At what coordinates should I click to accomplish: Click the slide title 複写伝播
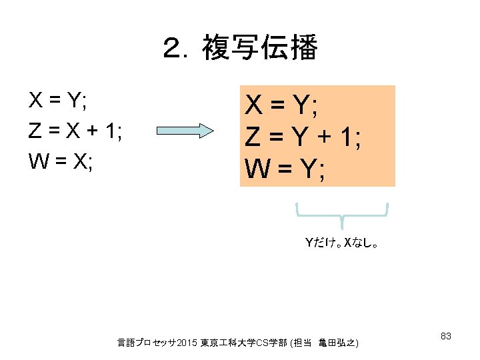[x=259, y=49]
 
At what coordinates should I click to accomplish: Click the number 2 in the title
[x=173, y=49]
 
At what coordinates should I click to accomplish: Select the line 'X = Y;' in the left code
[x=59, y=102]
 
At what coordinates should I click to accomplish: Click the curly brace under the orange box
[x=342, y=213]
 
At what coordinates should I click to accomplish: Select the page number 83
[x=447, y=336]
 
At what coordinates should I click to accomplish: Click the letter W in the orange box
[x=257, y=169]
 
